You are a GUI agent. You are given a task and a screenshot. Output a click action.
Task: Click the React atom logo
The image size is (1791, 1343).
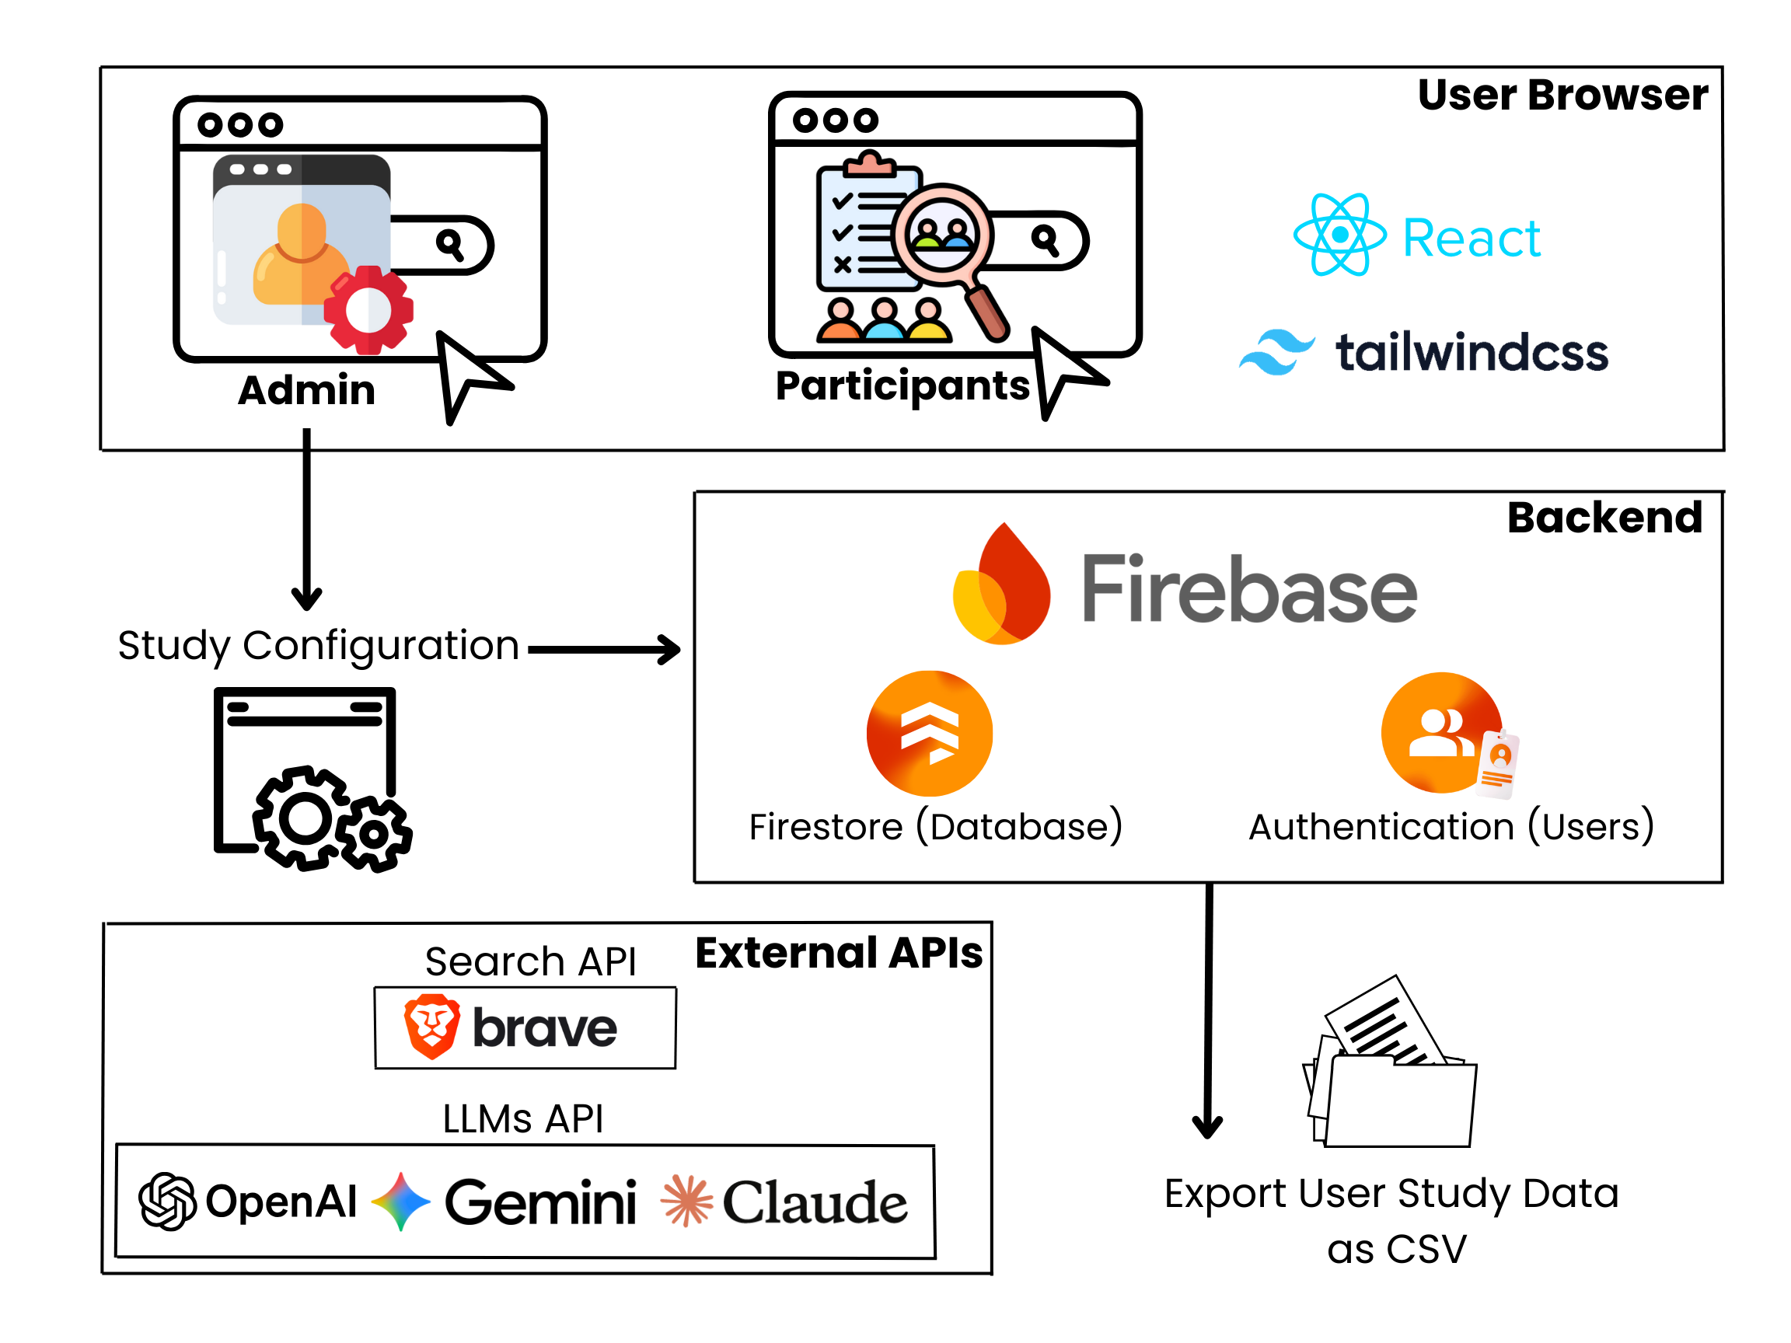[x=1339, y=235]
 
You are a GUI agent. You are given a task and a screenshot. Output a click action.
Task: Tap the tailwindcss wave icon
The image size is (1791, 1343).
[x=1277, y=352]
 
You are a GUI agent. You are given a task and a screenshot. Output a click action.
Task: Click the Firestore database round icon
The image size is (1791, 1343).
[x=930, y=734]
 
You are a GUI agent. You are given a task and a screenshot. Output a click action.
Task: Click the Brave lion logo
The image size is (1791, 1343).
[x=431, y=1027]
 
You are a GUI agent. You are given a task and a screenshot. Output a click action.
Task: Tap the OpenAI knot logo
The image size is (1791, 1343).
[x=167, y=1202]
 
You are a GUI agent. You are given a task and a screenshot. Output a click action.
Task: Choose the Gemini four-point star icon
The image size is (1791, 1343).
[x=401, y=1202]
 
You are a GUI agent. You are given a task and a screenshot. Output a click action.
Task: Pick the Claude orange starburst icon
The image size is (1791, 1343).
[x=686, y=1202]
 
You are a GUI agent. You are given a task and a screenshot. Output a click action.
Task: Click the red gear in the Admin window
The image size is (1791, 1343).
[x=368, y=310]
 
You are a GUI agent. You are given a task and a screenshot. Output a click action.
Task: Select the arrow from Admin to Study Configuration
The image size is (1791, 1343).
[x=307, y=518]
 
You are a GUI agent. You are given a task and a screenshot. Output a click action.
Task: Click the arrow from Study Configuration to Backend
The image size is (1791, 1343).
[x=604, y=649]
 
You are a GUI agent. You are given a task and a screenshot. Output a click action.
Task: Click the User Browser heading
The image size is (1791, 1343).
[x=1562, y=96]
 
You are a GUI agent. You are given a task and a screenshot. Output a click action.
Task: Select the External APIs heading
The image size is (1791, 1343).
[x=839, y=953]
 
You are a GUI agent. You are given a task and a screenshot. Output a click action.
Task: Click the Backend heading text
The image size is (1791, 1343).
[x=1604, y=518]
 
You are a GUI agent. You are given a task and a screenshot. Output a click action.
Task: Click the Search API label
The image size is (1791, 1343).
[x=530, y=961]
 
